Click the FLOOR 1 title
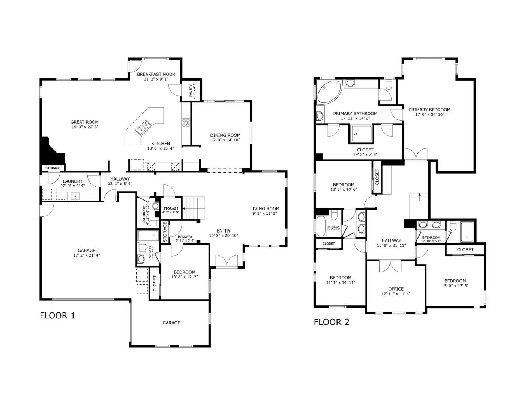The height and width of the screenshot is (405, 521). [x=57, y=315]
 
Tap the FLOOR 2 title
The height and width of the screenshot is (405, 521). [x=332, y=322]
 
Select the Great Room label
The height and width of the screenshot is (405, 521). [x=84, y=122]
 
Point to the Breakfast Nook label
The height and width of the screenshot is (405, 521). [x=156, y=74]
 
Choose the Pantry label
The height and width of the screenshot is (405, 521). [x=191, y=90]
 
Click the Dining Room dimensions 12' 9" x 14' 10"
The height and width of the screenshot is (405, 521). [x=225, y=140]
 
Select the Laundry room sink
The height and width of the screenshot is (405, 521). [x=75, y=196]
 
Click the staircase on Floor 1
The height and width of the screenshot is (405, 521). [x=194, y=208]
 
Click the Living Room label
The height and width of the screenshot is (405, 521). [x=265, y=208]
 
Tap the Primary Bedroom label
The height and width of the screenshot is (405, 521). [x=429, y=109]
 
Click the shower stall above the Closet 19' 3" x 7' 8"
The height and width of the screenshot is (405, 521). [x=361, y=134]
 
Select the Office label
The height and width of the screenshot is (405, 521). [x=396, y=289]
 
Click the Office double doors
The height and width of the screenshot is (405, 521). [x=390, y=266]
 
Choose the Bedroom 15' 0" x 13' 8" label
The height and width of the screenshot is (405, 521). [x=455, y=280]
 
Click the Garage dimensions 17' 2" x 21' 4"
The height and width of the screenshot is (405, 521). [x=86, y=255]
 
